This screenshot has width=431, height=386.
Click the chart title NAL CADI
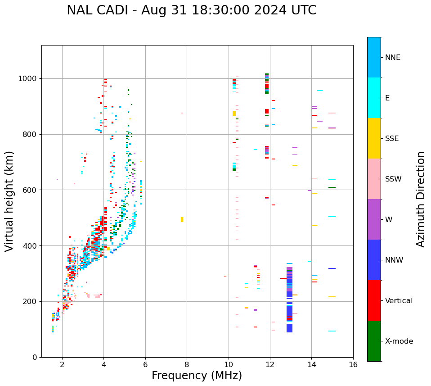tap(191, 10)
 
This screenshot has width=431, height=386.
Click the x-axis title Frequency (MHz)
tap(197, 376)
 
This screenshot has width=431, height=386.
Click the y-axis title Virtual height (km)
tap(9, 201)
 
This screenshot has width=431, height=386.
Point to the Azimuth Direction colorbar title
tap(421, 199)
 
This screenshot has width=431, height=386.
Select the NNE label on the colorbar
tap(393, 58)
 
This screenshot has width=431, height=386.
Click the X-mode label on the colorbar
tap(399, 341)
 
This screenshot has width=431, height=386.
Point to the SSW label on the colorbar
tap(393, 179)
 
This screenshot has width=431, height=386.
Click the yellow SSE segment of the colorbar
tap(374, 138)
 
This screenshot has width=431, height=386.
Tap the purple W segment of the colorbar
tap(374, 219)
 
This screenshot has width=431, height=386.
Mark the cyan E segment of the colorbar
tap(374, 98)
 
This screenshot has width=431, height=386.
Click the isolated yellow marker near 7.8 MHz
tap(182, 220)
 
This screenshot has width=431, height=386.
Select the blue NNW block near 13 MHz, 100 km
tap(289, 328)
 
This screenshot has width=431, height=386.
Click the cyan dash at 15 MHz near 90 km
tap(332, 331)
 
